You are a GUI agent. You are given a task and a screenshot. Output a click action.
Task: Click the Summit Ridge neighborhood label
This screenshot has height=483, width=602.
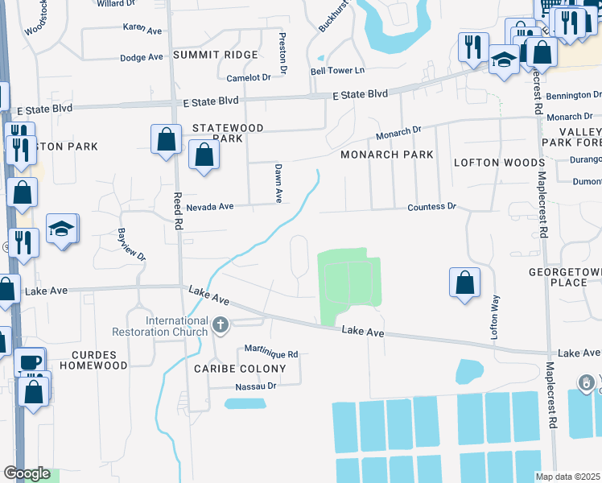tap(215, 55)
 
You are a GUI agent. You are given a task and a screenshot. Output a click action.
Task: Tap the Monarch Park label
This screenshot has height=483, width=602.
tap(386, 155)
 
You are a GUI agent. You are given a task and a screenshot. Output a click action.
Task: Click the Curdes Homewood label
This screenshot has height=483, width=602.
tap(99, 360)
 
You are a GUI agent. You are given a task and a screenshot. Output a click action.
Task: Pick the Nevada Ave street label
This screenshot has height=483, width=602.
tap(209, 207)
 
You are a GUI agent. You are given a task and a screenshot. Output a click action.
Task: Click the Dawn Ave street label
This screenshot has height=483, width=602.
tap(278, 183)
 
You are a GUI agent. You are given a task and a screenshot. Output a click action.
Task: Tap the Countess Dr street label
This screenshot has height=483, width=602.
tap(431, 207)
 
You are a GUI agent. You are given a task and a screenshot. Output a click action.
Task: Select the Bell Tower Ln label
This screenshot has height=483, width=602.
tap(338, 72)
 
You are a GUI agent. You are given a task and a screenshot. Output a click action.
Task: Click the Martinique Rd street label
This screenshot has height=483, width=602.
tap(271, 353)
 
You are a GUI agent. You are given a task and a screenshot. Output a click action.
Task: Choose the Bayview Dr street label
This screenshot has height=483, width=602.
tap(133, 245)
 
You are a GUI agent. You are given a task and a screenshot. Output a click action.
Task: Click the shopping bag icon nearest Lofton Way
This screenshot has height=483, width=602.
tap(464, 283)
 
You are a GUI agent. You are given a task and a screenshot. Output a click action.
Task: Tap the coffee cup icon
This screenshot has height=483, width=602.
tap(31, 362)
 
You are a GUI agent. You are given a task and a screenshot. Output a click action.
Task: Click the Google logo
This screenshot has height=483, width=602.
tap(27, 473)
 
